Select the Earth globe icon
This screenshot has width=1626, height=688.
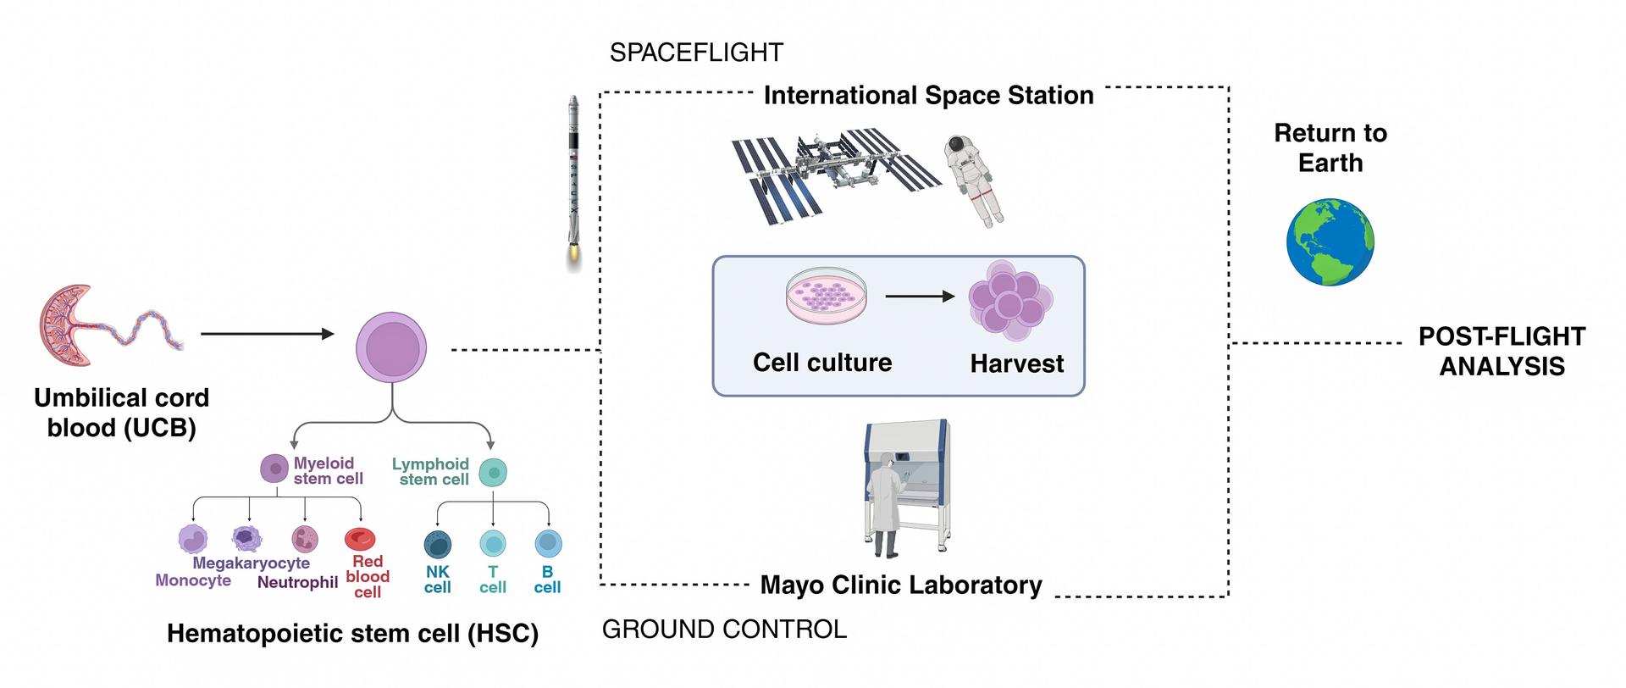1330,241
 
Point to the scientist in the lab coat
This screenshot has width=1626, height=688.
886,504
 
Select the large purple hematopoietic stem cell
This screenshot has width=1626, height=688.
390,347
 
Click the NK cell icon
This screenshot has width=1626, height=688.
437,543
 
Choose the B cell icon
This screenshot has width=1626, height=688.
548,543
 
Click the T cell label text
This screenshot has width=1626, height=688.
493,580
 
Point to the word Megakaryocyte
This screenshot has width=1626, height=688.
251,563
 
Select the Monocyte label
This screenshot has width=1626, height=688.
193,580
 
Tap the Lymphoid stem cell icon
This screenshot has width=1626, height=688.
493,472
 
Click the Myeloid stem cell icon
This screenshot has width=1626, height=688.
274,469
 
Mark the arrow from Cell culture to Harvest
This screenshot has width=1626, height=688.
919,297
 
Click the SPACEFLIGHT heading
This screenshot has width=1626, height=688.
696,53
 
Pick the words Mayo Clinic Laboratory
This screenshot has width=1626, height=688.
901,585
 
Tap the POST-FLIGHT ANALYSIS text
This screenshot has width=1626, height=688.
1502,351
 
